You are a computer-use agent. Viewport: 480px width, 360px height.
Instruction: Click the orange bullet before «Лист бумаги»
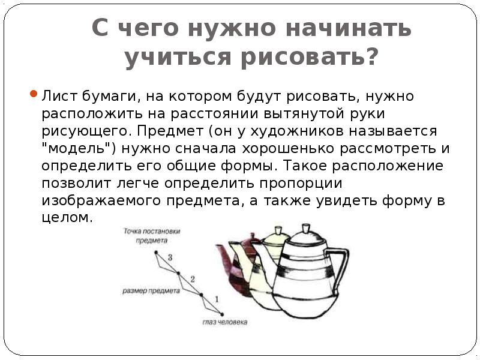click(34, 94)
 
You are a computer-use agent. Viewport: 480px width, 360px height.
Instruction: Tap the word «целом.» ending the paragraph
click(68, 218)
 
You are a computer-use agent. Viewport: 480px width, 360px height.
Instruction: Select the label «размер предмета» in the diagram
click(151, 290)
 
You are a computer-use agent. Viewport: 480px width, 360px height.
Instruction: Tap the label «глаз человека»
click(224, 322)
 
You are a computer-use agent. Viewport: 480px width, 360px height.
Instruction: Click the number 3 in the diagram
click(170, 257)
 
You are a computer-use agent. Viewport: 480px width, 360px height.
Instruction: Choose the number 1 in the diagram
click(217, 299)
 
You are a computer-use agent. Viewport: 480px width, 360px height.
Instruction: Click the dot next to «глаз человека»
click(222, 314)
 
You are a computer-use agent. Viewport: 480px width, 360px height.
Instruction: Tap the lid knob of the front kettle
click(306, 229)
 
